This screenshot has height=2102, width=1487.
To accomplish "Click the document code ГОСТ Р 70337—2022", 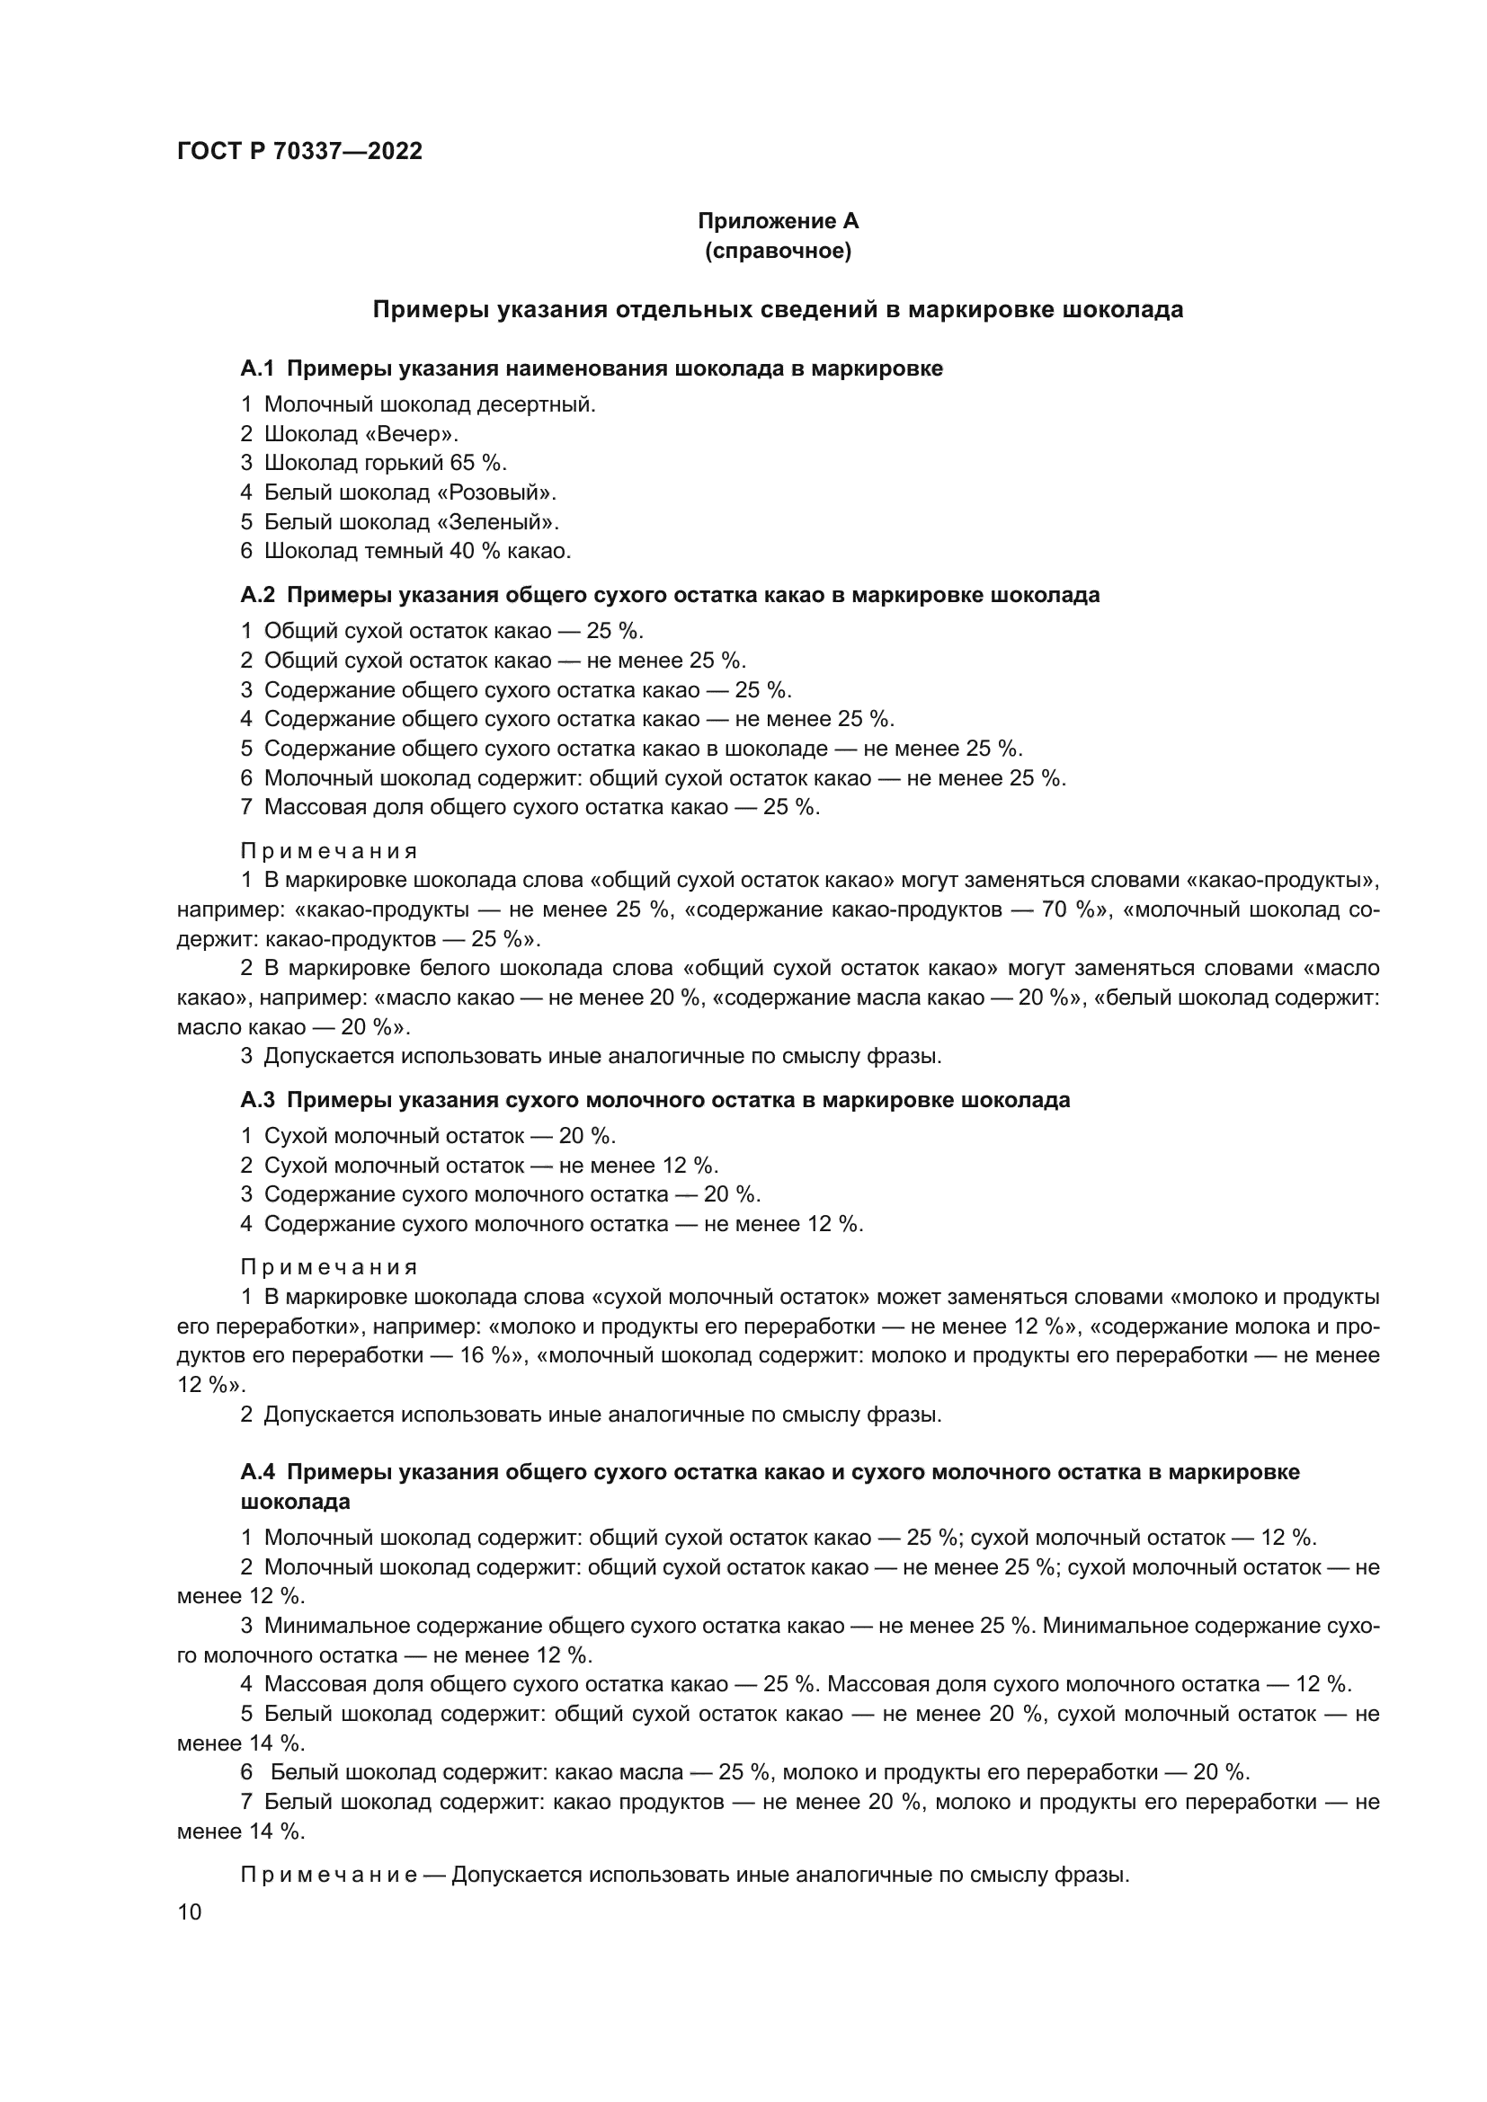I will [x=299, y=152].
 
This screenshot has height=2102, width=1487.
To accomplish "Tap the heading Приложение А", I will [x=778, y=221].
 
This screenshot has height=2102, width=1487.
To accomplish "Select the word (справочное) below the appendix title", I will [x=778, y=251].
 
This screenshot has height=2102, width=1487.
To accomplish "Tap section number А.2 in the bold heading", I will [x=257, y=595].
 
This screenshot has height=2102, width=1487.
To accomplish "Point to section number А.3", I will [x=257, y=1099].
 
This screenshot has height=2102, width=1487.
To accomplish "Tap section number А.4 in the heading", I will [x=257, y=1472].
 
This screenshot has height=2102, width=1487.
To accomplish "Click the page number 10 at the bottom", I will [x=189, y=1911].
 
